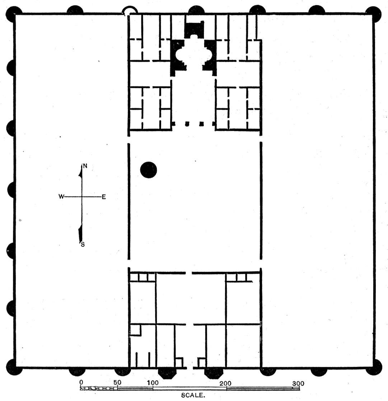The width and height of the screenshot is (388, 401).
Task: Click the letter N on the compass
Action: tap(85, 166)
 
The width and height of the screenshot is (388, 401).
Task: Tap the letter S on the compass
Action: tap(83, 244)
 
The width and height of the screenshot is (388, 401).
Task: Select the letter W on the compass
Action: tap(61, 196)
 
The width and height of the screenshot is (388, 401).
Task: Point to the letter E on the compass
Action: tap(104, 197)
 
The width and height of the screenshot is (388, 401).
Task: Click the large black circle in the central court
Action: tap(149, 170)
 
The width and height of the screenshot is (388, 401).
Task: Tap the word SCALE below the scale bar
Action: tap(193, 395)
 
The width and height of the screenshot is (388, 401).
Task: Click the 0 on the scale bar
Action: tap(81, 382)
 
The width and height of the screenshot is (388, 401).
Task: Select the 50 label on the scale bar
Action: tap(117, 382)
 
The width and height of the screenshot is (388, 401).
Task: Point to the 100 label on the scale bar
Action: tap(153, 383)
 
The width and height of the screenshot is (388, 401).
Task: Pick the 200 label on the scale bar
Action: tap(225, 383)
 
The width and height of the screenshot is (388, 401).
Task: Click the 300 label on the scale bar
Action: tap(298, 383)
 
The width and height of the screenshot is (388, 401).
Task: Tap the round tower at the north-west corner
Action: tap(14, 14)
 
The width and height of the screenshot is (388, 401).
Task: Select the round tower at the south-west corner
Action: tap(14, 367)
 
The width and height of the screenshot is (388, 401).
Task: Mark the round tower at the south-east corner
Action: tap(374, 367)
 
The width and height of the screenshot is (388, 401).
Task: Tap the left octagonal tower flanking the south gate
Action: tap(167, 373)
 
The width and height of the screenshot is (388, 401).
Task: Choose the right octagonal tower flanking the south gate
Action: tap(213, 373)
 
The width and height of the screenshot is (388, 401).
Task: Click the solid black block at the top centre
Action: tap(195, 29)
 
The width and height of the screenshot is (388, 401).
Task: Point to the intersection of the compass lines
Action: tap(82, 197)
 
